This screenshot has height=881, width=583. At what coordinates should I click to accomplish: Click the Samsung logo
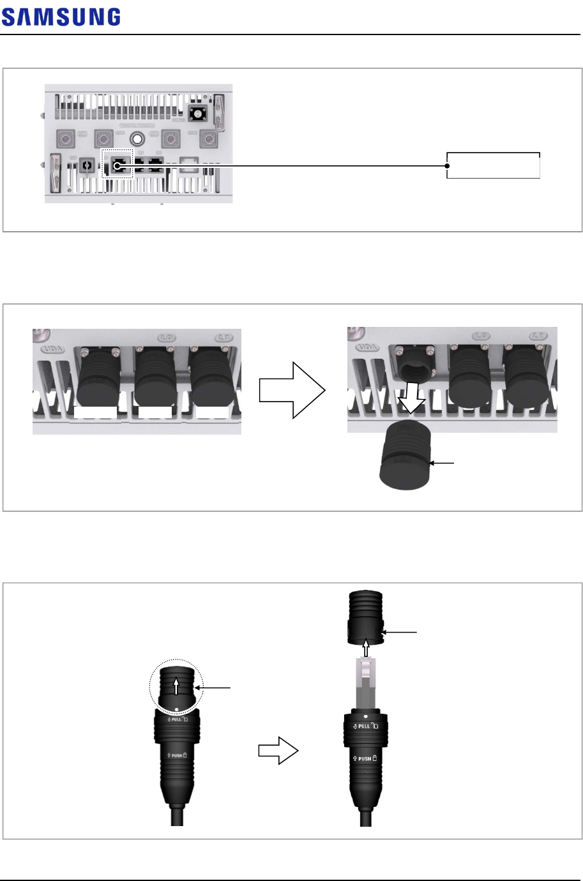[x=61, y=17]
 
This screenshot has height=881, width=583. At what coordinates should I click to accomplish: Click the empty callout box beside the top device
[x=493, y=165]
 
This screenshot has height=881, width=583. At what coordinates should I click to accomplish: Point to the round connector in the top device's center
[x=136, y=138]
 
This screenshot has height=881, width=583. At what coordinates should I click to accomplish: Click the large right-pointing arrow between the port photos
[x=292, y=390]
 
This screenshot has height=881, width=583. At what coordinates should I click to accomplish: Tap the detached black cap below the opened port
[x=405, y=455]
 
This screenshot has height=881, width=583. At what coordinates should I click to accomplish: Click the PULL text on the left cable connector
[x=174, y=719]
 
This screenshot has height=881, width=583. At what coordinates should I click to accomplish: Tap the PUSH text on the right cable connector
[x=365, y=758]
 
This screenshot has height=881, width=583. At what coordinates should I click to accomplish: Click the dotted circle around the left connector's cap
[x=176, y=686]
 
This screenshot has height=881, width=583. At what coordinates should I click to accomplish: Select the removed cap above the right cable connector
[x=365, y=617]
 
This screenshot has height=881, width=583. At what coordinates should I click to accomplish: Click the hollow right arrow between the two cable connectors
[x=278, y=751]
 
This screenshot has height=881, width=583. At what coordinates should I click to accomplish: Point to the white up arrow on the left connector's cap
[x=176, y=687]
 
